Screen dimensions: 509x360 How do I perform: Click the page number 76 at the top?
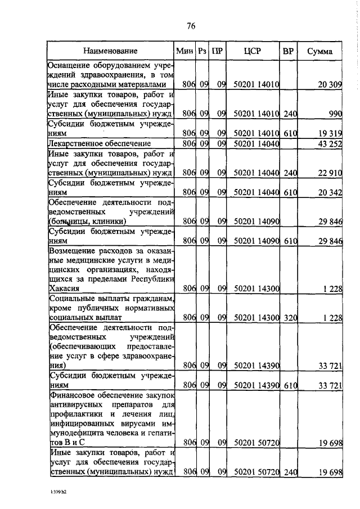(x=190, y=26)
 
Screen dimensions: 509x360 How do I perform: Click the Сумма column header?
(x=319, y=51)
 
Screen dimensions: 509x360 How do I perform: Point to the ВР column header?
(x=288, y=51)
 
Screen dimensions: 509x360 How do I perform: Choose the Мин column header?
(x=184, y=51)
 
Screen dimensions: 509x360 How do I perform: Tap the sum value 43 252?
(x=330, y=145)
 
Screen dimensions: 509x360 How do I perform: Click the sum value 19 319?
(x=330, y=135)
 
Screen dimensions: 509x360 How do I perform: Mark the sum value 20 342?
(x=330, y=193)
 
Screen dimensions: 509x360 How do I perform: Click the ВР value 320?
(x=290, y=318)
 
